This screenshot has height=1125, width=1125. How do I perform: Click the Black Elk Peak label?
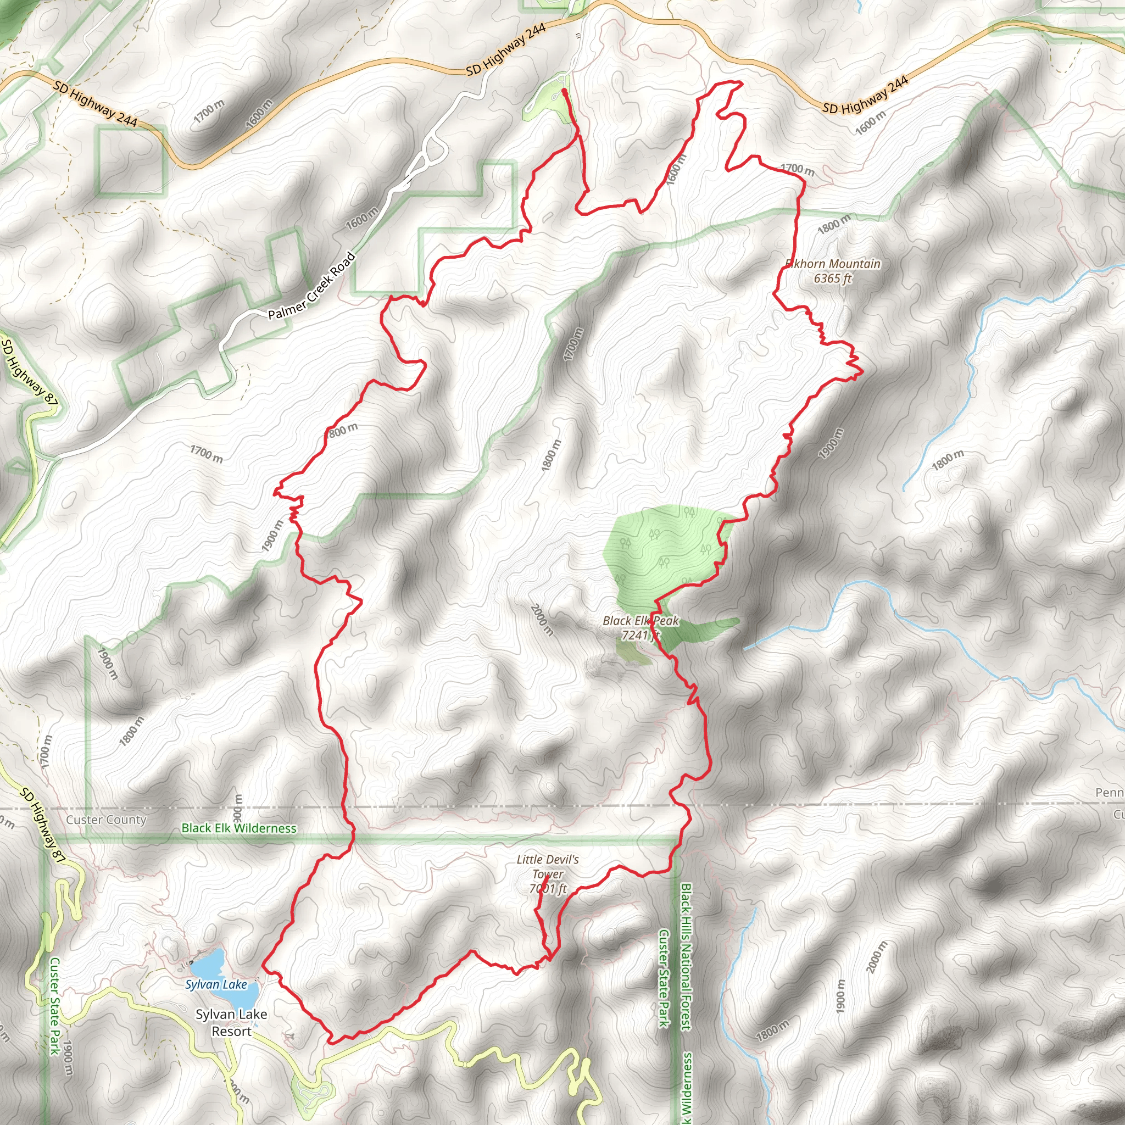point(641,621)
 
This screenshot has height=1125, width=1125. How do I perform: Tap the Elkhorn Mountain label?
point(833,264)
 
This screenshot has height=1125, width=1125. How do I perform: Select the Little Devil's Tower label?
point(547,866)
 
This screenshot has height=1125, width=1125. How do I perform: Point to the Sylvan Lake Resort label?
point(231,1022)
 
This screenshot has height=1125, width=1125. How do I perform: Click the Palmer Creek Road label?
point(311,286)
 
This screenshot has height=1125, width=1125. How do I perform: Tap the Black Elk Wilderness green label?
point(239,828)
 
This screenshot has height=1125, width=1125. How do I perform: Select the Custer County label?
point(106,820)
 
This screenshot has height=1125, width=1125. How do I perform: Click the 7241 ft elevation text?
point(639,636)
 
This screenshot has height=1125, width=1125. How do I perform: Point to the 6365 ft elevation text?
point(832,279)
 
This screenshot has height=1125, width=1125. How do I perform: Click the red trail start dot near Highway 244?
point(564,91)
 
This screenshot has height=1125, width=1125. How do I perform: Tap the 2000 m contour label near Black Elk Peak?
point(542,620)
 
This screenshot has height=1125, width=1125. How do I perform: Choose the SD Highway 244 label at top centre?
point(506,49)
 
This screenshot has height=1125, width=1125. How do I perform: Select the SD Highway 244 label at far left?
point(96,104)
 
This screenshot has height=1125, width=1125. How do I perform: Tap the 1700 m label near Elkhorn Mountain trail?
point(797,169)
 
